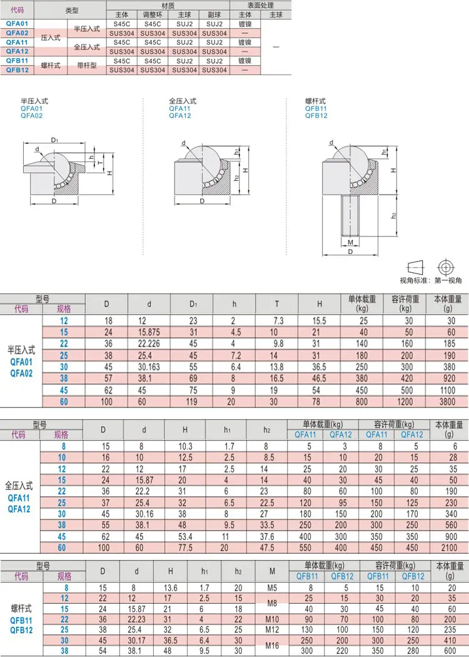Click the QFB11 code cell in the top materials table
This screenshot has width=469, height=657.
[17, 61]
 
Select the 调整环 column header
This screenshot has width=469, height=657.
[153, 14]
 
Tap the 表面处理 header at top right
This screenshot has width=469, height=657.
[261, 6]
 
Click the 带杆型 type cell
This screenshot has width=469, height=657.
[87, 65]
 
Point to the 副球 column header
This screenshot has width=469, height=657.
[214, 14]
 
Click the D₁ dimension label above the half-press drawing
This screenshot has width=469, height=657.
[54, 140]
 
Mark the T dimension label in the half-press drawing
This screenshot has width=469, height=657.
[100, 163]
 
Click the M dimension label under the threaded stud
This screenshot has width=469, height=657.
[350, 242]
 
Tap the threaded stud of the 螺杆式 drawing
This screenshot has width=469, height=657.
[350, 216]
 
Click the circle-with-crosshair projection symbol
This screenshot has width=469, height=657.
[445, 267]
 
